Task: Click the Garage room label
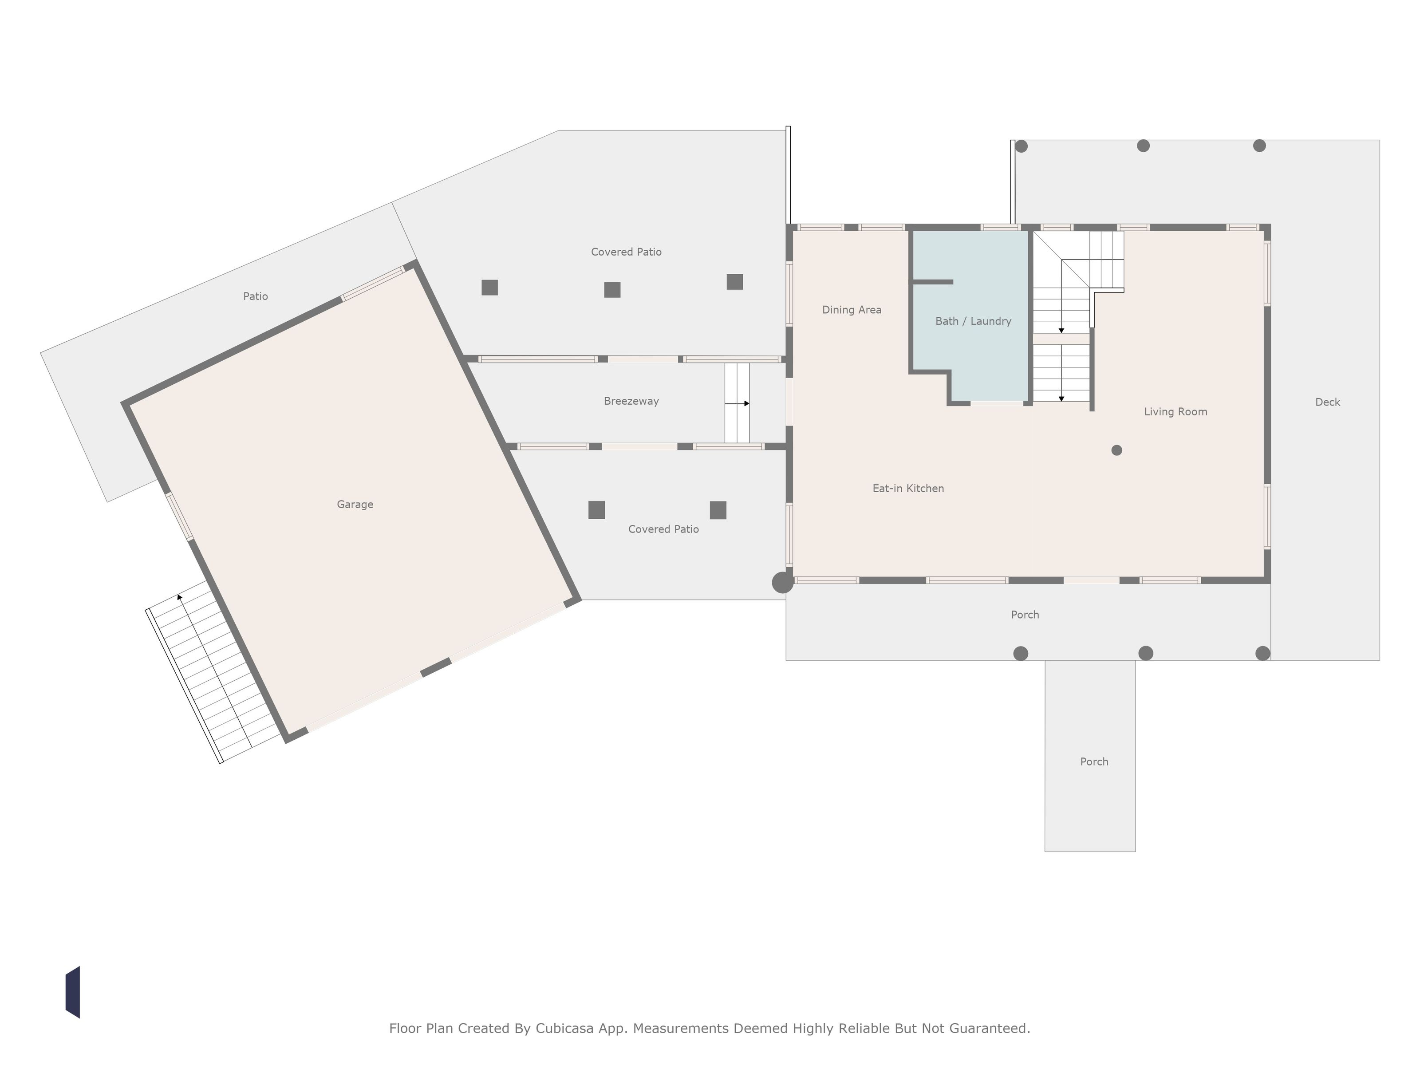[x=355, y=505]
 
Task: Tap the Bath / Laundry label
[x=973, y=321]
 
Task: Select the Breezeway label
[x=631, y=401]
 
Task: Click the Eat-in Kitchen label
[x=908, y=489]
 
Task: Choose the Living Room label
[x=1175, y=412]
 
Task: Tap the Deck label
[x=1328, y=402]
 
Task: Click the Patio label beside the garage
[x=256, y=296]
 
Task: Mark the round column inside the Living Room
[x=1117, y=450]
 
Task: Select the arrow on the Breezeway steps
[x=737, y=403]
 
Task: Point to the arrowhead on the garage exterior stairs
[x=180, y=597]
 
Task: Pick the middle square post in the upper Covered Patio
[x=612, y=290]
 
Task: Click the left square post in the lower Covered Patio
[x=596, y=510]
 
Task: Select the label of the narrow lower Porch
[x=1094, y=762]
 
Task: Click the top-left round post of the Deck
[x=1022, y=146]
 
